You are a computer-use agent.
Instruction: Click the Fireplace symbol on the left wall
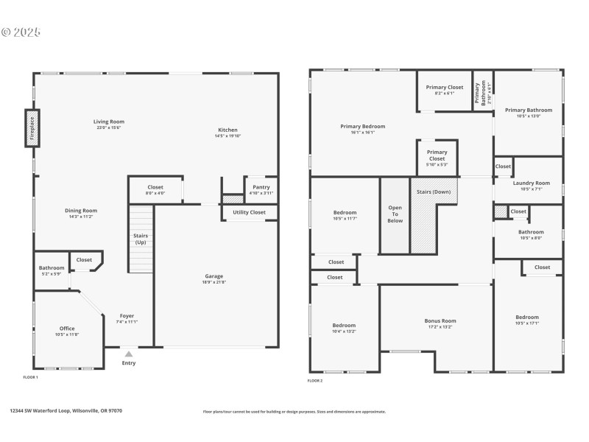tap(31, 128)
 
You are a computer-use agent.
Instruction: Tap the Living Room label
tap(108, 122)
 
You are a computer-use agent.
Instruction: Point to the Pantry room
tap(261, 188)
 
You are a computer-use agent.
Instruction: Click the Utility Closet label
tap(250, 212)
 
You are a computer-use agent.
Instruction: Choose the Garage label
tap(214, 276)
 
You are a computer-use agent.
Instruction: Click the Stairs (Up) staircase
tap(140, 239)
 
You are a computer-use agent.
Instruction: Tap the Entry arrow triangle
tap(129, 354)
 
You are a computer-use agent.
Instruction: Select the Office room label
tap(67, 329)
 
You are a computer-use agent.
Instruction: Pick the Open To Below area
tap(395, 214)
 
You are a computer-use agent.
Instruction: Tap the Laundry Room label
tap(531, 183)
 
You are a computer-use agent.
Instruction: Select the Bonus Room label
tap(440, 321)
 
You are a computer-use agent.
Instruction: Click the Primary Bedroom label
tap(362, 127)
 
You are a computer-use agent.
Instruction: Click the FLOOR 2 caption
tap(314, 380)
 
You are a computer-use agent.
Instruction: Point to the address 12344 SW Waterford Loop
tap(66, 411)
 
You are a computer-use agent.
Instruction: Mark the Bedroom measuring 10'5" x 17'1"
tap(526, 318)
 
